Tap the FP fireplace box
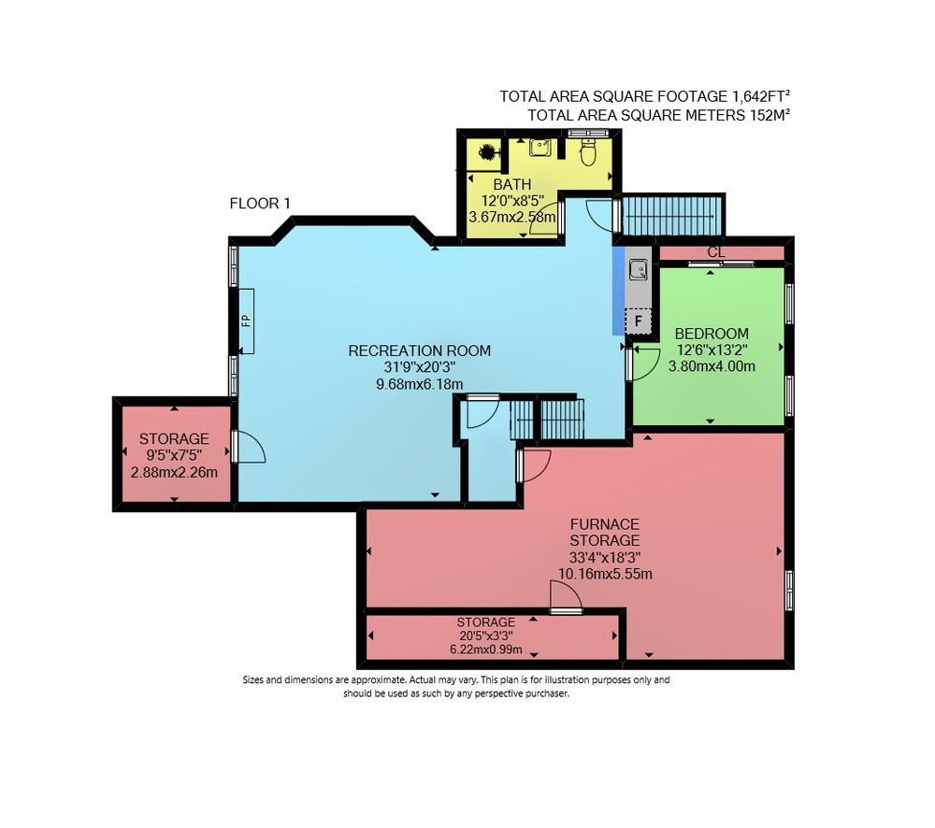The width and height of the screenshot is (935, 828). pyautogui.click(x=246, y=321)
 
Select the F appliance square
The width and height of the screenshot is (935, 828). pyautogui.click(x=638, y=321)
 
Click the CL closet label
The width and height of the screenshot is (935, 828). pyautogui.click(x=716, y=252)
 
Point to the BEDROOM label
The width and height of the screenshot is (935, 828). pyautogui.click(x=712, y=334)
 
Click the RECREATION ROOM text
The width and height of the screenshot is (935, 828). pyautogui.click(x=420, y=350)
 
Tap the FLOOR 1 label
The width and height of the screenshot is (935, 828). pyautogui.click(x=260, y=204)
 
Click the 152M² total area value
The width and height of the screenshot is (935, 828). pyautogui.click(x=770, y=115)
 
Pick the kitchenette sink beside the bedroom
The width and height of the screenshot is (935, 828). pyautogui.click(x=638, y=270)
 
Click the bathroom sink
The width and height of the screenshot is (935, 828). pyautogui.click(x=539, y=148)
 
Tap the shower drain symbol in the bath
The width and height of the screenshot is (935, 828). pyautogui.click(x=486, y=152)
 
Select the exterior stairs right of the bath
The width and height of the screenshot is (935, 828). pyautogui.click(x=671, y=216)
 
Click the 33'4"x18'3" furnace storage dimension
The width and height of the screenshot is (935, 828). pyautogui.click(x=605, y=557)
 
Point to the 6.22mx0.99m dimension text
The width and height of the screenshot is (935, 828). pyautogui.click(x=486, y=650)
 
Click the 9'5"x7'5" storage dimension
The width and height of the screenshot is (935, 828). pyautogui.click(x=174, y=455)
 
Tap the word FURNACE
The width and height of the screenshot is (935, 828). pyautogui.click(x=605, y=524)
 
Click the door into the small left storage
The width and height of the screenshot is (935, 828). pyautogui.click(x=250, y=447)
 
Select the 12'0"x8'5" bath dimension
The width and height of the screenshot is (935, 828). pyautogui.click(x=512, y=200)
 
